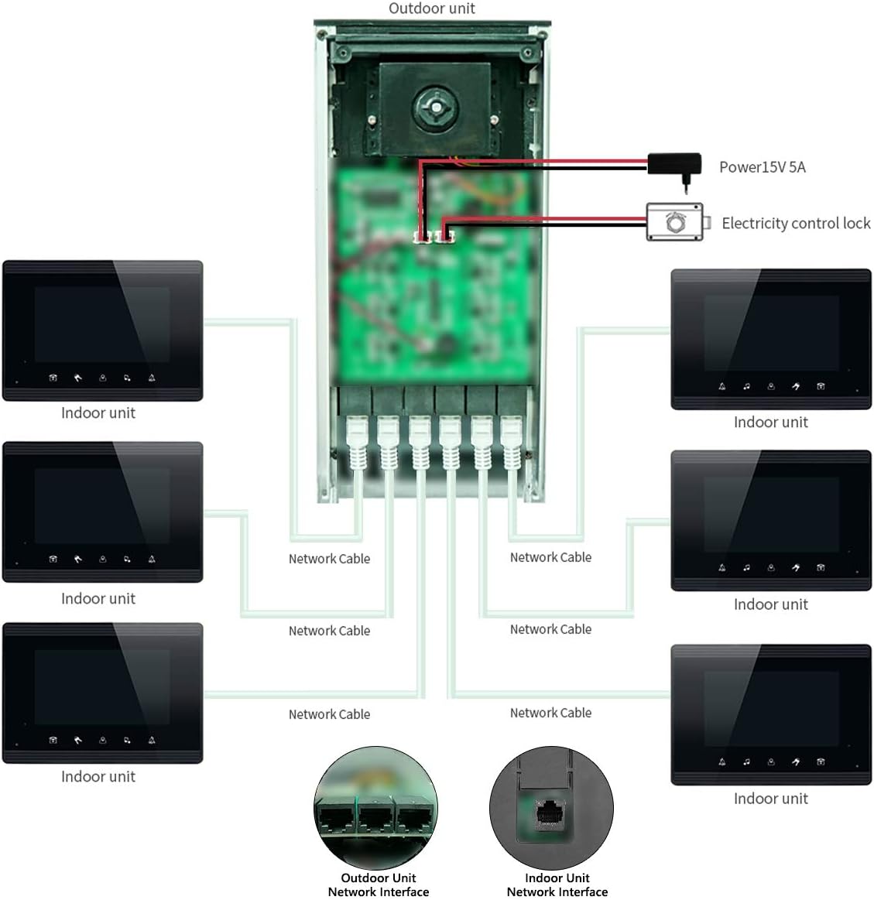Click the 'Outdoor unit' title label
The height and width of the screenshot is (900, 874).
point(431,9)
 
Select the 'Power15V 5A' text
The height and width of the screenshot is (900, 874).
point(762,167)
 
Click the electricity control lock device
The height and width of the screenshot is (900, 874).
point(675,223)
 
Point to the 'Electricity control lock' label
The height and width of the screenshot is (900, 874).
point(795,224)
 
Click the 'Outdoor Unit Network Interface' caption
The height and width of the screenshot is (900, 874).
point(378,885)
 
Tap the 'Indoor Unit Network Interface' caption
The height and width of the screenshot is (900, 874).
point(557,885)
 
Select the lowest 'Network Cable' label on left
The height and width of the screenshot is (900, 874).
point(329,714)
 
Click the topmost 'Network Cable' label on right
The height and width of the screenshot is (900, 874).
point(550,557)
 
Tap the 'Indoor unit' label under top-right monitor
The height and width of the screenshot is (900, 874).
point(770,423)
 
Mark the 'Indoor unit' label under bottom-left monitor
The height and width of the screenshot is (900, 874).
point(98,777)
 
